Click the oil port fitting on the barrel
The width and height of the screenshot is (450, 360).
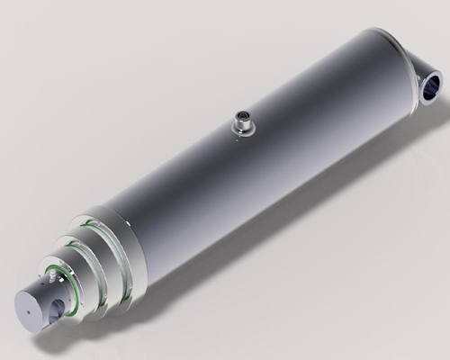(x=244, y=122)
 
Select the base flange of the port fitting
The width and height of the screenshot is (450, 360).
(x=244, y=131)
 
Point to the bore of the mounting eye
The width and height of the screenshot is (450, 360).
(x=433, y=87)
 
